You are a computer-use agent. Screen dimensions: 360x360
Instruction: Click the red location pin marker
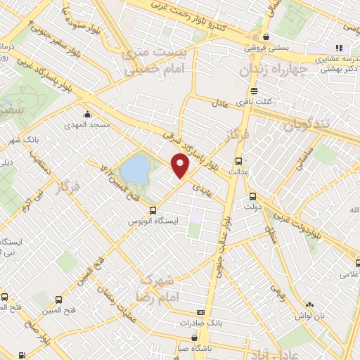pyautogui.click(x=181, y=166)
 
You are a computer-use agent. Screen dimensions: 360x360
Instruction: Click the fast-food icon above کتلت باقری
pyautogui.click(x=254, y=91)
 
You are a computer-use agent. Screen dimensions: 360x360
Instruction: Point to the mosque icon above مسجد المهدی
pyautogui.click(x=87, y=115)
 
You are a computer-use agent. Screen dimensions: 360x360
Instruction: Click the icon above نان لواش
pyautogui.click(x=309, y=304)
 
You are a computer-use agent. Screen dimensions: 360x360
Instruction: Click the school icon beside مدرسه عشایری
pyautogui.click(x=338, y=48)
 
